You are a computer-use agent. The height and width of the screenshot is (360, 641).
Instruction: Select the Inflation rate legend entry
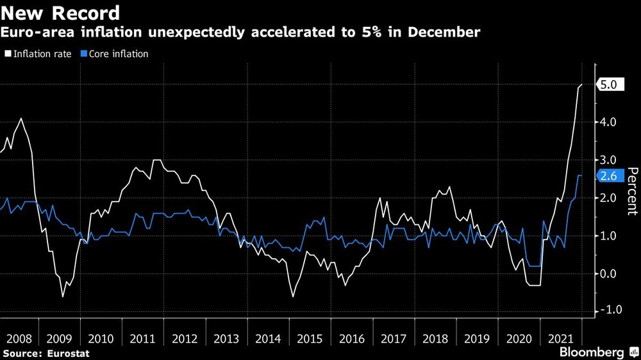tap(40, 54)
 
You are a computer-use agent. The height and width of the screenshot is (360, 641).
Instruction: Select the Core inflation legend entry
tap(113, 54)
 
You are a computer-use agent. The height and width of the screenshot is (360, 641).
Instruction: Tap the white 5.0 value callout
tap(608, 85)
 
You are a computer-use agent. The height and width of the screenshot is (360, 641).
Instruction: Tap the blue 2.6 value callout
tap(608, 177)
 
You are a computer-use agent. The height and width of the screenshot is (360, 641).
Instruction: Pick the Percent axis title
tap(633, 190)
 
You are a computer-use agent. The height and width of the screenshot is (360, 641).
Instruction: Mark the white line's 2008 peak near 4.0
tap(22, 119)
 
